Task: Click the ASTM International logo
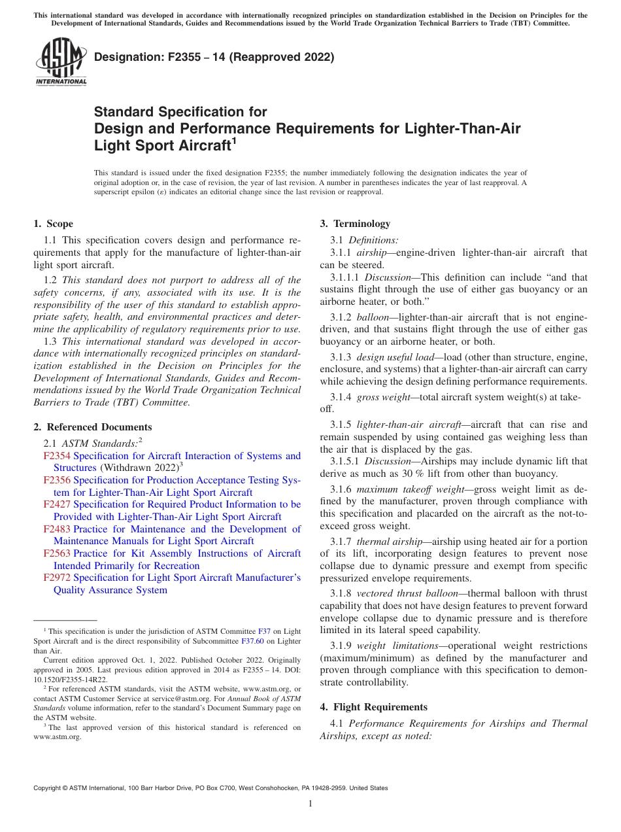tap(61, 61)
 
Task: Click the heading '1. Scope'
tap(54, 224)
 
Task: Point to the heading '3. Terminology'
tap(355, 224)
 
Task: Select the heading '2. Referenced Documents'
tap(93, 427)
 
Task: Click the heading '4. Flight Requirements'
tap(374, 707)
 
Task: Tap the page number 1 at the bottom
tap(310, 803)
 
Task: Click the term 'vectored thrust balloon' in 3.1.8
tap(394, 593)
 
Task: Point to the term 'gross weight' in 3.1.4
tap(377, 397)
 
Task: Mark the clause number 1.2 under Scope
tap(51, 280)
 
